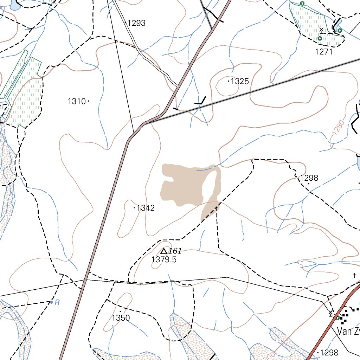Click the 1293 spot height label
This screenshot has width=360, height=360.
[x=136, y=23]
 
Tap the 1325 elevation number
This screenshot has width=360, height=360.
[x=240, y=82]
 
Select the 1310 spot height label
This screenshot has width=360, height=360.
[x=77, y=102]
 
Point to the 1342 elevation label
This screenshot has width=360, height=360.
[x=146, y=208]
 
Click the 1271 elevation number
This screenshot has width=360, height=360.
[x=324, y=52]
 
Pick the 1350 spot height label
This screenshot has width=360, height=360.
[x=121, y=318]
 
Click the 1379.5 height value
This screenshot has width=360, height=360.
[x=164, y=260]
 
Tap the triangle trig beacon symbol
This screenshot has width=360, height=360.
[x=163, y=251]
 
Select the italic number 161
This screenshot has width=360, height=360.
[x=175, y=251]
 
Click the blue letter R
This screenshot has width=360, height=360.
[x=57, y=302]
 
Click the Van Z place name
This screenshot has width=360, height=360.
[x=348, y=331]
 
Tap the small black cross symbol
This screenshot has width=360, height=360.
[x=355, y=275]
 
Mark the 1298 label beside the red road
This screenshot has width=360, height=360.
[x=329, y=353]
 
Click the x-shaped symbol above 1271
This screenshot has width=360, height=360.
[x=321, y=30]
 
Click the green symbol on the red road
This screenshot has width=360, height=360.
[x=337, y=318]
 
